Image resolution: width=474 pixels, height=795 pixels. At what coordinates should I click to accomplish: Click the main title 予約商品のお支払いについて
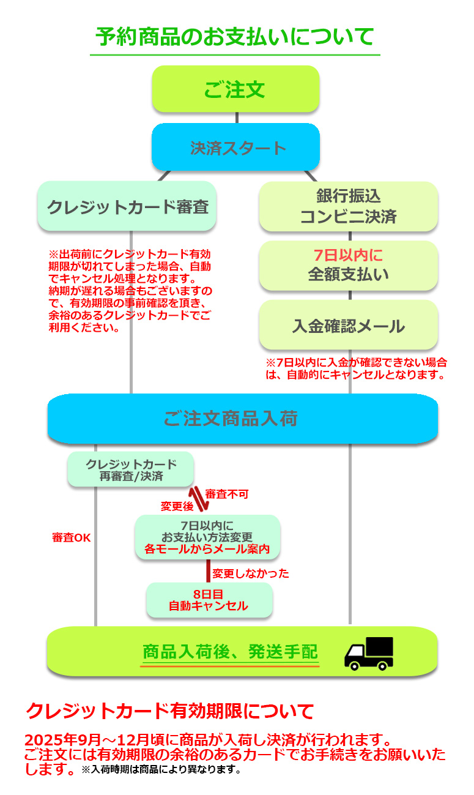pos(235,37)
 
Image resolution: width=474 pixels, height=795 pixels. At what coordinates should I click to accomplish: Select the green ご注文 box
pos(235,89)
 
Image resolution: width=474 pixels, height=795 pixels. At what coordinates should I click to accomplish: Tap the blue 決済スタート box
pos(235,147)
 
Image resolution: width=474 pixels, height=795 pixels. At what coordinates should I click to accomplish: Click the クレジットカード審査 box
pos(127,206)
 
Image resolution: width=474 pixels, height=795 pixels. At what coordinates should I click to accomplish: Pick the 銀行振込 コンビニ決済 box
pos(348,206)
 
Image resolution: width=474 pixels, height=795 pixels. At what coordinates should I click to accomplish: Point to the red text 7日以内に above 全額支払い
pos(348,256)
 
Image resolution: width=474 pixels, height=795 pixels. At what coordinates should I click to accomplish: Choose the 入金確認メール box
pos(348,326)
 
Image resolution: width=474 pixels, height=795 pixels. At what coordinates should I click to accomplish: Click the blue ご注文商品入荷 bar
pos(242,419)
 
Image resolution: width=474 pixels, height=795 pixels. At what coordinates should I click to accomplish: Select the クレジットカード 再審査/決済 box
pos(131,469)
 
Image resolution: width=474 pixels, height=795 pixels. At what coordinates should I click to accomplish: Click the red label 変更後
pos(177,506)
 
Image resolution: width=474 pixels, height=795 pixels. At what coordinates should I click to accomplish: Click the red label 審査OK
pos(72,537)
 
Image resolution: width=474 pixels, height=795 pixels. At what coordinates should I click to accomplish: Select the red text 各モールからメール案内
pos(207,549)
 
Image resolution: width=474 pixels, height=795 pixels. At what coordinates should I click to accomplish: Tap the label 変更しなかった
pos(250,573)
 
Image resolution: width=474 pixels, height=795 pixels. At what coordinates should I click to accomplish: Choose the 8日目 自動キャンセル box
pos(209,600)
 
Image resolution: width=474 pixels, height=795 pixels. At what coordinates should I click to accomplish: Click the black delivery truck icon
pos(368,652)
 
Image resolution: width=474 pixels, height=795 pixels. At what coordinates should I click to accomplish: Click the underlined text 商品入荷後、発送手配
pos(230,652)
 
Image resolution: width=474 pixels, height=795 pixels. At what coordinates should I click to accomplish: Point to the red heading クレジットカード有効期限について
pos(170,711)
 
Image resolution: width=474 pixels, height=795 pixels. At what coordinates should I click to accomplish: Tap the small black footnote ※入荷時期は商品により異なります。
pos(161,769)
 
